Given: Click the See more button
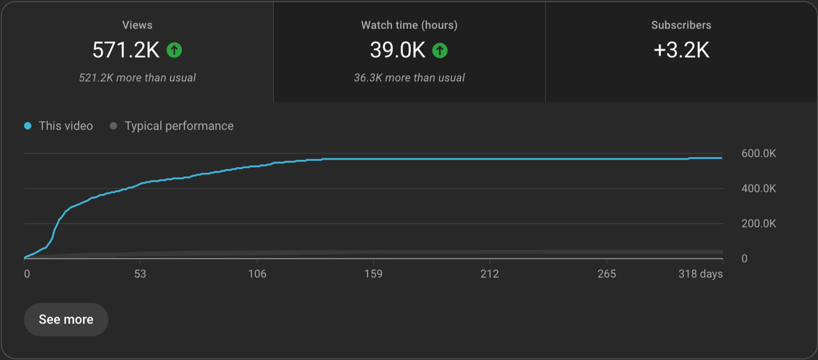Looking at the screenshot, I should tap(66, 319).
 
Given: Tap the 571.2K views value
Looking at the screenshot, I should tap(126, 50).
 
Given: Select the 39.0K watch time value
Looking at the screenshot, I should tap(398, 50).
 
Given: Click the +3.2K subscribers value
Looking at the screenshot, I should tap(681, 50).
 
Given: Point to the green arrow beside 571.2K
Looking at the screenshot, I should tap(174, 50).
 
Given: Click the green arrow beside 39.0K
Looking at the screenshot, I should tap(440, 50).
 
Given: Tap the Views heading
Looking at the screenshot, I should tap(137, 25).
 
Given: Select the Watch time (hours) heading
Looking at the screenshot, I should tap(409, 25).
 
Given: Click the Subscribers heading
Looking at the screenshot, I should tap(681, 25).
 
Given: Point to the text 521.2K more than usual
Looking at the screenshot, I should tap(137, 78).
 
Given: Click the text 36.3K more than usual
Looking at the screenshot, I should tap(409, 78).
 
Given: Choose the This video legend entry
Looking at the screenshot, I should tap(59, 126).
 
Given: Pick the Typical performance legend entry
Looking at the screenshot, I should tap(172, 126).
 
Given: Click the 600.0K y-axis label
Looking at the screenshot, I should tap(759, 153).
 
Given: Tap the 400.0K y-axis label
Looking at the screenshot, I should tap(759, 189).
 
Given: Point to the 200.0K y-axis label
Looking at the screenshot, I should tap(759, 224).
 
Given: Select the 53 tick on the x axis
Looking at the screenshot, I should tap(140, 274).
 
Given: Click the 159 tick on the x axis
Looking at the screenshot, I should tap(373, 274).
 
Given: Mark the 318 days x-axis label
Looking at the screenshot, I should tap(700, 274).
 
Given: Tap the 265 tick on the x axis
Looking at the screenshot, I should tap(606, 274).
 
